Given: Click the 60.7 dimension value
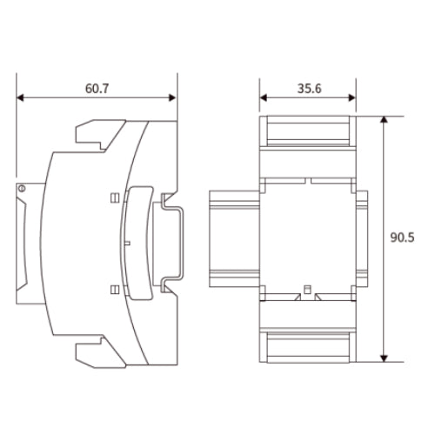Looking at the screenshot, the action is [97, 89].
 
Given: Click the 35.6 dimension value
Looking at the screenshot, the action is [310, 89].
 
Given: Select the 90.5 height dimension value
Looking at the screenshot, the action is [402, 238].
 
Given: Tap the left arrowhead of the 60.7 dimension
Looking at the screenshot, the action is [20, 97].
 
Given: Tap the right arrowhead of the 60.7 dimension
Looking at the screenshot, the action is [172, 97].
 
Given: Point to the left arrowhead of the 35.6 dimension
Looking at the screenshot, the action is [264, 97].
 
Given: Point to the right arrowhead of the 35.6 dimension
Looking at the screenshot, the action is [351, 97].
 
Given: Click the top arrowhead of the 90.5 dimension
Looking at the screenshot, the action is [384, 120].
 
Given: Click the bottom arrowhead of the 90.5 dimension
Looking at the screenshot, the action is [384, 358].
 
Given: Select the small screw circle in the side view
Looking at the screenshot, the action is [22, 189].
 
